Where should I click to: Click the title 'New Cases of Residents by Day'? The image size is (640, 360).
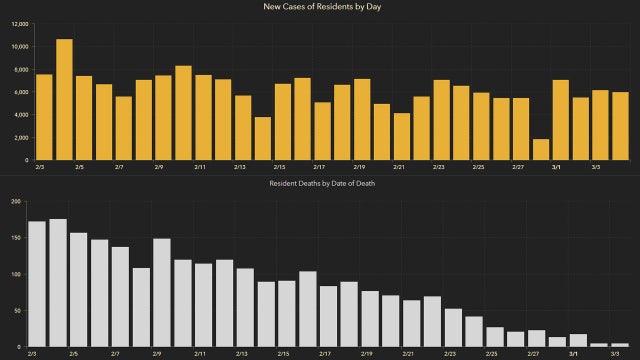point(320,8)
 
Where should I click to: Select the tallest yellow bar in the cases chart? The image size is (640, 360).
point(64,100)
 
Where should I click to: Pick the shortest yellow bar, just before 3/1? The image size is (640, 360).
point(541,150)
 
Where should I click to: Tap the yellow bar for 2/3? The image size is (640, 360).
point(44,117)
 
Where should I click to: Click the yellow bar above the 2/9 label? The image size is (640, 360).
point(163,118)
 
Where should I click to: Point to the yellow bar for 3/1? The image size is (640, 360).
point(561,120)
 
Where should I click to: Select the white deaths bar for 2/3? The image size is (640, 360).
point(37,284)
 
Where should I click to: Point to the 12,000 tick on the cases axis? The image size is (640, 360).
point(18,23)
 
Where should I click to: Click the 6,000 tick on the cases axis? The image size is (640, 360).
point(20,92)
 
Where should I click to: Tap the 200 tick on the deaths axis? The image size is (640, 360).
point(14,201)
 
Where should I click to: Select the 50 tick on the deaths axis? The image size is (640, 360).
point(16,310)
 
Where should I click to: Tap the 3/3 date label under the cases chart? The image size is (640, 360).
point(598,168)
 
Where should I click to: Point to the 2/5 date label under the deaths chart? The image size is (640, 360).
point(74,353)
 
